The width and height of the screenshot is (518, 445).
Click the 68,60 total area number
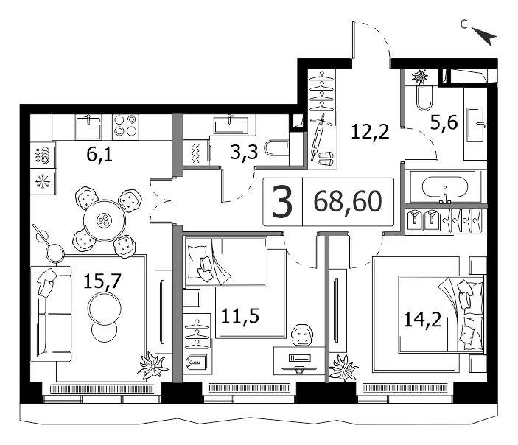(x=348, y=202)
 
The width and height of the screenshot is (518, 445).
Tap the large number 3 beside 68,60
(x=282, y=202)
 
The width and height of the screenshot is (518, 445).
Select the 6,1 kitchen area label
(x=99, y=154)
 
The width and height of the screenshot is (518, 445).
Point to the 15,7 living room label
(x=102, y=281)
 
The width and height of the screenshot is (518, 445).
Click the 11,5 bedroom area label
(x=239, y=316)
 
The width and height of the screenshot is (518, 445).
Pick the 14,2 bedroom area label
(x=422, y=320)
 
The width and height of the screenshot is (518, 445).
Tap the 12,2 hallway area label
(x=370, y=132)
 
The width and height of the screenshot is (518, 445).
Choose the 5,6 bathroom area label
(x=444, y=123)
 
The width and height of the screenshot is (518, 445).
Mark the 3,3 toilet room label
(x=244, y=153)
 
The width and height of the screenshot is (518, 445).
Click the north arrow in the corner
(x=485, y=36)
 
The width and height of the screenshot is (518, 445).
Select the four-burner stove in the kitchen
(x=125, y=127)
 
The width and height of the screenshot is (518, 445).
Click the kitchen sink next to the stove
(x=88, y=127)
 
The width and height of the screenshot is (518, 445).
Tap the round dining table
(x=105, y=220)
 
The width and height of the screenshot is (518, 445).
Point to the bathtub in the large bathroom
(x=445, y=187)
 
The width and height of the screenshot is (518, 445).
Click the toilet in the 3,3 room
(x=277, y=149)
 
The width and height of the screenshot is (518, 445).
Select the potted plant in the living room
(x=153, y=365)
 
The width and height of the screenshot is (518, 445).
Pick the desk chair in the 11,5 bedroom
(x=301, y=335)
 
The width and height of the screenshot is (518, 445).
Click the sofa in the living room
(x=51, y=314)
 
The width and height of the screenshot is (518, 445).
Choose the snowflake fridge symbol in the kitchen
(x=43, y=182)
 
